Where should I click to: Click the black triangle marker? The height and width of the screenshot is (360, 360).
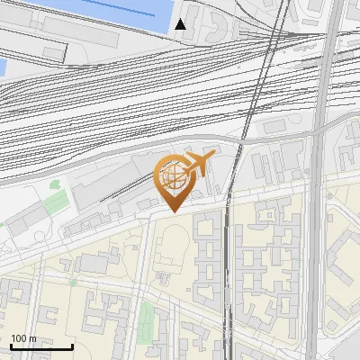pos(181,23)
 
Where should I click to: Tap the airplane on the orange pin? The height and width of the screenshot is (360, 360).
pos(195,165)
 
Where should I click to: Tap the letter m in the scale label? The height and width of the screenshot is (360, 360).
pos(32,338)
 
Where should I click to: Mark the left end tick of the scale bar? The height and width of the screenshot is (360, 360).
pos(11,346)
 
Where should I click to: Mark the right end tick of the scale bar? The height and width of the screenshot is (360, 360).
pos(73,346)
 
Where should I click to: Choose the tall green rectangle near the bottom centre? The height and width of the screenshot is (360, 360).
pos(147,318)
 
